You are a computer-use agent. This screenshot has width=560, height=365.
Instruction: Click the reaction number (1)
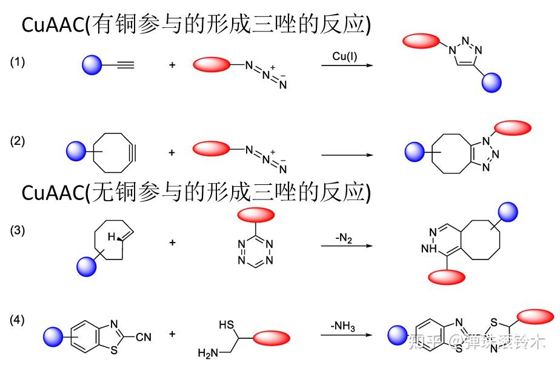(18, 62)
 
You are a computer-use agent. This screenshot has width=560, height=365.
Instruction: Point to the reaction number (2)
(18, 141)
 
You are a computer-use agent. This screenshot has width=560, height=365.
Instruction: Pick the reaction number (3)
(18, 231)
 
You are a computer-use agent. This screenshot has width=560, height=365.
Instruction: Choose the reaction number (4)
(18, 320)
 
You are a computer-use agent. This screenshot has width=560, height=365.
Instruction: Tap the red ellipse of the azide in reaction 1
(212, 64)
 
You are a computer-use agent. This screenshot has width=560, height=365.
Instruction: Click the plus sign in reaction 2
(172, 153)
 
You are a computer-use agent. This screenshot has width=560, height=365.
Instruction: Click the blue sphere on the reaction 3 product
(508, 212)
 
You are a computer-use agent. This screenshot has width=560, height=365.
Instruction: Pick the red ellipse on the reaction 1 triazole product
(421, 41)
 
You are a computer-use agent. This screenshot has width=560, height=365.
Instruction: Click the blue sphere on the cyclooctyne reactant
(76, 150)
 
